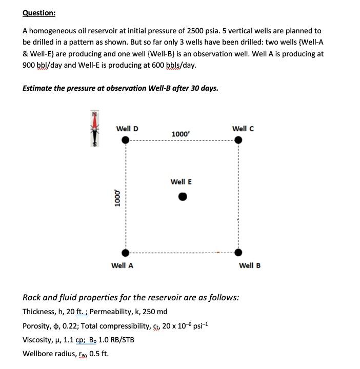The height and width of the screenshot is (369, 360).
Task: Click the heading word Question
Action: pyautogui.click(x=39, y=12)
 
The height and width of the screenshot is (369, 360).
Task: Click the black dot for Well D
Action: pyautogui.click(x=125, y=141)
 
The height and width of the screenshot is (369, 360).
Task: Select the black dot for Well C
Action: pyautogui.click(x=238, y=141)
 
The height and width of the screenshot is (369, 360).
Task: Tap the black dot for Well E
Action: pyautogui.click(x=182, y=197)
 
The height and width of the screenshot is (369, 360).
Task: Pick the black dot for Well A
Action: pyautogui.click(x=125, y=252)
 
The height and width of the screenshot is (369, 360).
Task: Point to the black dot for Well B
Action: pyautogui.click(x=238, y=252)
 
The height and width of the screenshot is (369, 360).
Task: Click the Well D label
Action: pyautogui.click(x=127, y=128)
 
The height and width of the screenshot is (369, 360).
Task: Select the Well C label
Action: pyautogui.click(x=243, y=128)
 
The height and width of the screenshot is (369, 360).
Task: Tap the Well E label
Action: pyautogui.click(x=181, y=181)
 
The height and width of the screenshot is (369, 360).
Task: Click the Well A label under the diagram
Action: pyautogui.click(x=122, y=265)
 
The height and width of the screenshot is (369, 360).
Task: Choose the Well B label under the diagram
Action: pyautogui.click(x=250, y=265)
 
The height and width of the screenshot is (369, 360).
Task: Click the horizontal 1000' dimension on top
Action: pyautogui.click(x=181, y=134)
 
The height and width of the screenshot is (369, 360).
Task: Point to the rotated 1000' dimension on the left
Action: pyautogui.click(x=117, y=197)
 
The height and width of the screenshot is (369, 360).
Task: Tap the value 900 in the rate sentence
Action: pyautogui.click(x=30, y=65)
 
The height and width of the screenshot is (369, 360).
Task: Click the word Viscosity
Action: pyautogui.click(x=37, y=339)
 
